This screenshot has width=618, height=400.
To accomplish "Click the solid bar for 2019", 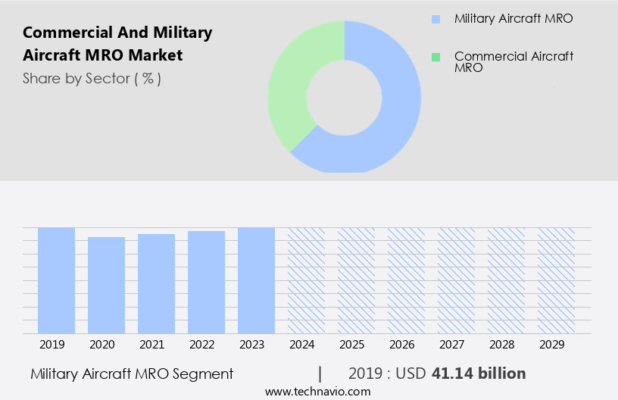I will point(56,280).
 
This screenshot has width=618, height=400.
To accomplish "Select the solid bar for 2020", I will point(106,285).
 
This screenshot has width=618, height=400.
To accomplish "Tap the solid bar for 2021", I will point(156,283).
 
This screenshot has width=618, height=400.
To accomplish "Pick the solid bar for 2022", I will point(206,282).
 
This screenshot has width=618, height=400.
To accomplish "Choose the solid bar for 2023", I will point(256,280).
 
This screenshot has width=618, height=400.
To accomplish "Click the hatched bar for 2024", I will point(306,280).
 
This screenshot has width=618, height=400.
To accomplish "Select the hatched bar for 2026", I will point(406,280).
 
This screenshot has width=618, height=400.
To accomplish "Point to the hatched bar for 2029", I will point(556,280).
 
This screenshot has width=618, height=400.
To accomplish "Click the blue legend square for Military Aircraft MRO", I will point(435,19).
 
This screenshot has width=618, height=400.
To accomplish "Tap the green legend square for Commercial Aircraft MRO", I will point(435,57).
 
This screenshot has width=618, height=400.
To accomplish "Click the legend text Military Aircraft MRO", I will point(513,19).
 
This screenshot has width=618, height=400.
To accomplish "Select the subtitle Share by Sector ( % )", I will point(92,78).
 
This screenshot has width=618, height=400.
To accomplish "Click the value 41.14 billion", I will point(478,373).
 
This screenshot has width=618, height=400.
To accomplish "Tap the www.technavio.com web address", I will point(317,392).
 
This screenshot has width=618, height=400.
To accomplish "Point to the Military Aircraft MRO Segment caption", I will point(132,373).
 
